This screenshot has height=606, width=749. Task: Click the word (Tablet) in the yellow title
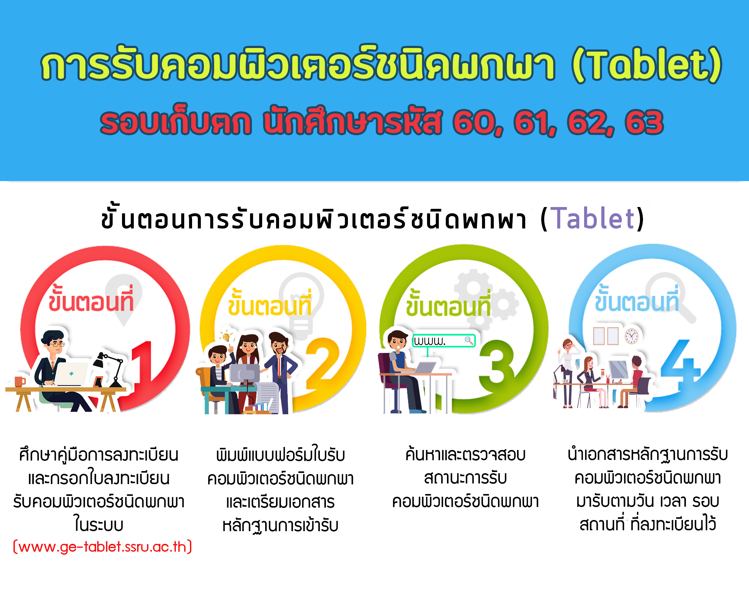pos(647,65)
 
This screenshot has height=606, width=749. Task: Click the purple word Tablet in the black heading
pos(593,218)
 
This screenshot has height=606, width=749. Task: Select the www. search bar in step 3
pos(444,341)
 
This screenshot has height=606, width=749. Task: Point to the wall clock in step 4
pos(632,336)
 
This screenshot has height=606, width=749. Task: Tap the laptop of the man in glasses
pos(71,374)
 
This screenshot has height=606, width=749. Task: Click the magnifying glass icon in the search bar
pos(469,340)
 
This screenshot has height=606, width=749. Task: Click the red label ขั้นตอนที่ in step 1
pos(91,298)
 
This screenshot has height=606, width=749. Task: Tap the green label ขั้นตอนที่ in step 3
pos(448,303)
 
